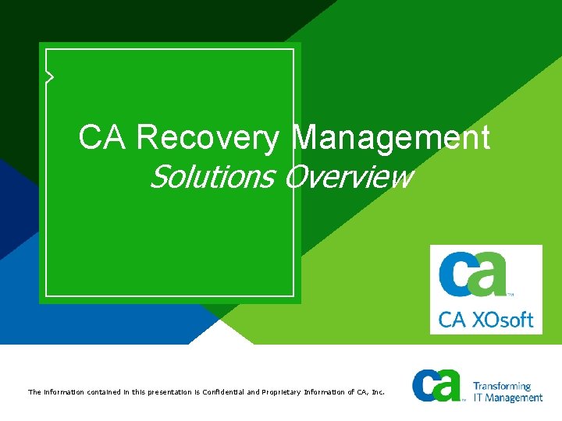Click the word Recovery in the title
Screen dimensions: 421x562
(207, 138)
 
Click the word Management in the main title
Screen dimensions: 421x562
(392, 138)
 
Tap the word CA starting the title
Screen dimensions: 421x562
(104, 138)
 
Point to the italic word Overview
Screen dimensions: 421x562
(347, 178)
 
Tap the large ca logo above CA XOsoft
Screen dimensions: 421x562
(473, 273)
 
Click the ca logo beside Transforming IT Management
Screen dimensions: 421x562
(437, 386)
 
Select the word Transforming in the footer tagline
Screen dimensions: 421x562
(502, 386)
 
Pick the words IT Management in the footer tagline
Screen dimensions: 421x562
(507, 398)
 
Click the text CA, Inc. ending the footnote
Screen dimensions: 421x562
(370, 392)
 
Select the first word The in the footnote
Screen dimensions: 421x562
(34, 392)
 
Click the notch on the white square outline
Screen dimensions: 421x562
(49, 76)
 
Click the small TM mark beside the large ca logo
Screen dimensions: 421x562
(510, 295)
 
